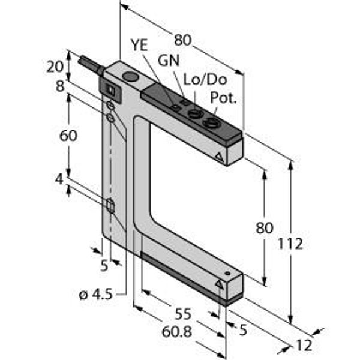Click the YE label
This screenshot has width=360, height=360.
(139, 46)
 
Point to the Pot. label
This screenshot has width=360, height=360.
(224, 98)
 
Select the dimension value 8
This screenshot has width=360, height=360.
(60, 86)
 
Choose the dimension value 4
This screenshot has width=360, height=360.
(60, 179)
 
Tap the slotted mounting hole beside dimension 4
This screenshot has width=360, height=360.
(110, 206)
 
